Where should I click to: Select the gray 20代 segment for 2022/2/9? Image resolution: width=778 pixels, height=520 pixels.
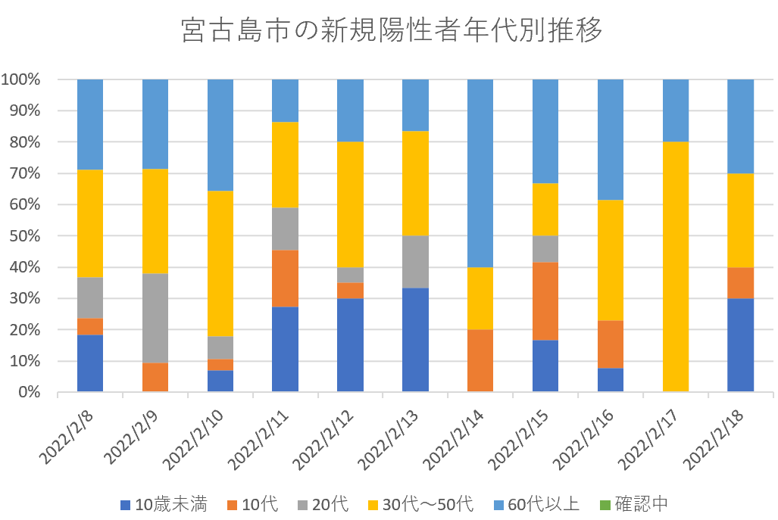pos(155,318)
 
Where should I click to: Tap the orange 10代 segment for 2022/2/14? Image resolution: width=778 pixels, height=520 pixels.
pos(480,360)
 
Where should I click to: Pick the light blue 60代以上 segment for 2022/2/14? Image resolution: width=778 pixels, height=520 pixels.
pos(480,173)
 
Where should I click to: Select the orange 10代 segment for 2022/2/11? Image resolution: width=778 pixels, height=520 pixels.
pos(286,279)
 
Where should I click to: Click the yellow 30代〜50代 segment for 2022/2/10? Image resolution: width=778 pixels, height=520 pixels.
pos(220,263)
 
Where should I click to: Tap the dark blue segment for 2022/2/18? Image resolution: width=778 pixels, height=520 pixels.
pos(740,345)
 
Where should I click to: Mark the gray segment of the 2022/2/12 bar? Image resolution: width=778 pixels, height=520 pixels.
pos(350,275)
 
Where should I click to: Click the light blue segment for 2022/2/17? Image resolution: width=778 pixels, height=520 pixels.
pos(676,111)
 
